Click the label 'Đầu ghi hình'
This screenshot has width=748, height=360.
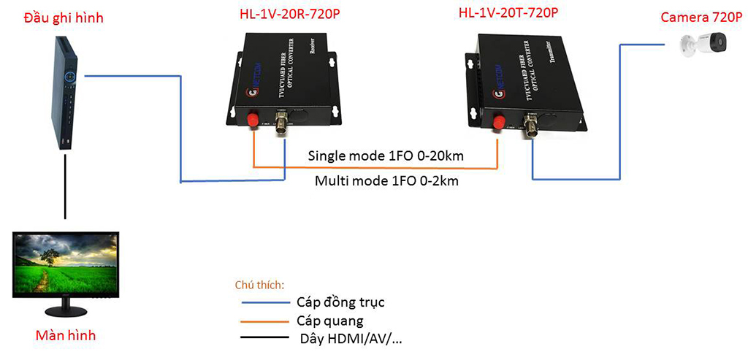point(64,16)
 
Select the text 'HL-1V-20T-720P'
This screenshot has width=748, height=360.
point(509,12)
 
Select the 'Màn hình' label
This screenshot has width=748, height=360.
point(66,336)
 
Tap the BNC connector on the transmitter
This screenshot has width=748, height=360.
point(531,128)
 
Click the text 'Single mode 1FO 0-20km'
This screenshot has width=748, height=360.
point(386,156)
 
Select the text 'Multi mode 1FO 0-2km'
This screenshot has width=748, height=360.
point(386,180)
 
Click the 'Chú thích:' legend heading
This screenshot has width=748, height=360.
point(259,284)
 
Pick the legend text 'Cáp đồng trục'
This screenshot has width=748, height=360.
point(340,302)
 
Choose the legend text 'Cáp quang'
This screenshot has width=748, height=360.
point(330,321)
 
